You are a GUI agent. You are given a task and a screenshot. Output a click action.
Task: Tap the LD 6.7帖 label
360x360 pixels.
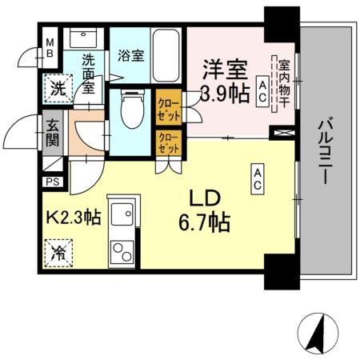click(x=209, y=210)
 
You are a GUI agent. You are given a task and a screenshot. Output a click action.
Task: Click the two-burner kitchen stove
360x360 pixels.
click(x=123, y=255)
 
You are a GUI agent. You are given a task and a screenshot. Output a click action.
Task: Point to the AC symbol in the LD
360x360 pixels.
click(x=258, y=178)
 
